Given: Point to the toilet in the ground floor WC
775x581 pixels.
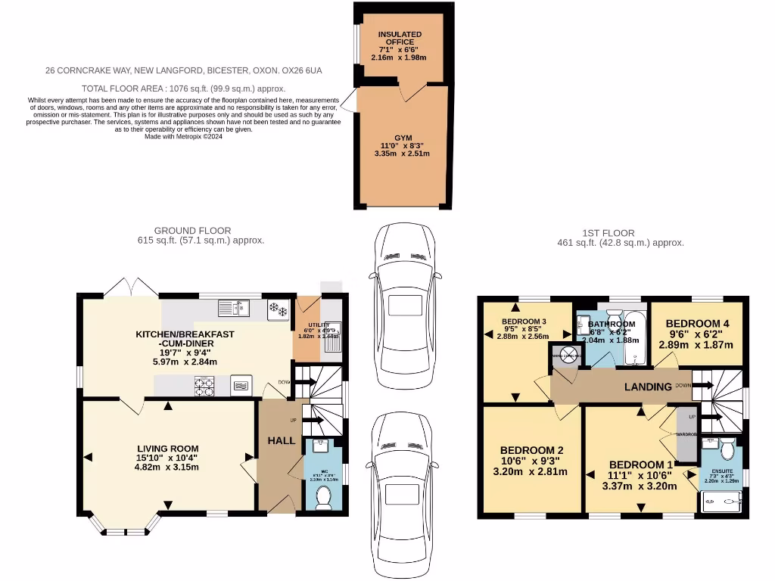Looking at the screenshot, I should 323,497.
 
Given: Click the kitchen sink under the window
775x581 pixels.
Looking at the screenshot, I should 235,308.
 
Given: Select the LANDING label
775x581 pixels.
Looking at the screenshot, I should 647,387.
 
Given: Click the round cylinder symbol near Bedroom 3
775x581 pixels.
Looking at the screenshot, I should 564,356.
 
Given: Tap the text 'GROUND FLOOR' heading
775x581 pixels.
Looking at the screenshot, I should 192,231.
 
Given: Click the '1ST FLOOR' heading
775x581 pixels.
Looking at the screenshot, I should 619,233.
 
